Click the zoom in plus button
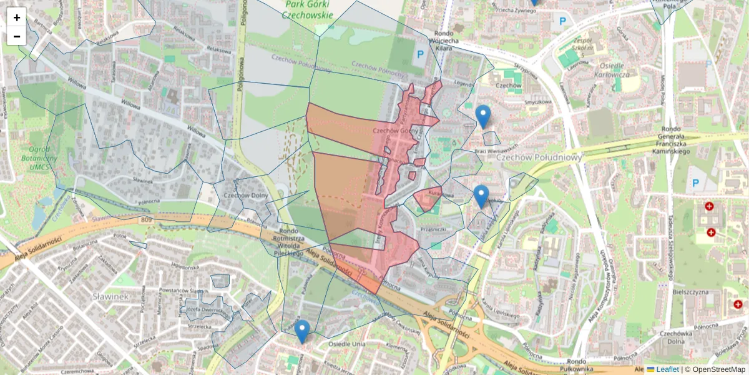click(17, 17)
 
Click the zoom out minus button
click(17, 36)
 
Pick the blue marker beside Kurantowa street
click(480, 196)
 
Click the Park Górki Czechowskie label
click(308, 9)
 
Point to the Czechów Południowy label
click(539, 157)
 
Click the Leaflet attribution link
click(667, 369)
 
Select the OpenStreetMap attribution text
click(718, 369)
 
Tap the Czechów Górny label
click(394, 131)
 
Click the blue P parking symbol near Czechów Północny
click(420, 54)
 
